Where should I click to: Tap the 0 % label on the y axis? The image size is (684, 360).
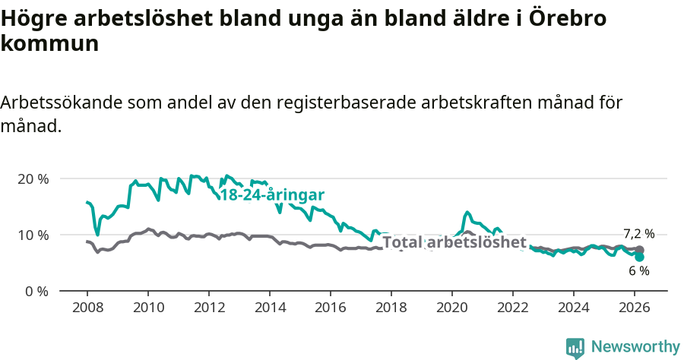coord(36,292)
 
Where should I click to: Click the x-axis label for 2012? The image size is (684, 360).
coord(208,307)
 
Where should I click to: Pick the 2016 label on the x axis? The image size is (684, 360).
coord(330,307)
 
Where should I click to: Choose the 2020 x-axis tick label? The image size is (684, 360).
coord(451,307)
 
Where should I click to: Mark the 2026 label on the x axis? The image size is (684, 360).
coord(635,307)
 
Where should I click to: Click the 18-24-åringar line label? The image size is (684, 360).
coord(272,194)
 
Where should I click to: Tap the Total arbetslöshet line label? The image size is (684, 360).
coord(454,242)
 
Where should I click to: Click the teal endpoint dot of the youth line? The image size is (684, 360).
coord(639,257)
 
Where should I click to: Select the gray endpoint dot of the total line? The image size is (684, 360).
coord(639,250)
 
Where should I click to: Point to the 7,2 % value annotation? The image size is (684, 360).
coord(638,233)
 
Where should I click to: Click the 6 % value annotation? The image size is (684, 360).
coord(638,271)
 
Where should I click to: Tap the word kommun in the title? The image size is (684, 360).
coord(50,43)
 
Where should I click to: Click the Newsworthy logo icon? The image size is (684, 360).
coord(575,348)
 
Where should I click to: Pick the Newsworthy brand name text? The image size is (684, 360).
coord(635,347)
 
